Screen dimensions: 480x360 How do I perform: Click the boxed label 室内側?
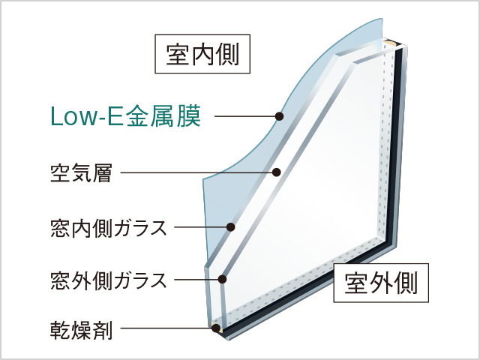(x=202, y=54)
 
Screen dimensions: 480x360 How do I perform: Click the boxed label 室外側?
(x=381, y=283)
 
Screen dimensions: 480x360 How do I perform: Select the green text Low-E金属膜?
(x=125, y=116)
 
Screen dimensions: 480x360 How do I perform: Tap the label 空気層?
(x=81, y=173)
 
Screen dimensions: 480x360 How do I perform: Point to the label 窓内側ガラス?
(x=109, y=228)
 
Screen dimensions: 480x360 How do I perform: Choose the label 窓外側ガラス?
(x=109, y=280)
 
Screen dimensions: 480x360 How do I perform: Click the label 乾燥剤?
(x=81, y=330)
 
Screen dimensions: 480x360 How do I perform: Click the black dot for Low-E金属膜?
(x=279, y=116)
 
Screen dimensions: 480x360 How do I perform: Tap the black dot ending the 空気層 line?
(x=277, y=172)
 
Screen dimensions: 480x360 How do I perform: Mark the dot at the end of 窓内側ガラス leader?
(x=230, y=227)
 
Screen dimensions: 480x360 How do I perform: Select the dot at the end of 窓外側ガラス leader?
(x=223, y=279)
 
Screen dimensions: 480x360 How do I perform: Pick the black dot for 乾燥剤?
(x=216, y=328)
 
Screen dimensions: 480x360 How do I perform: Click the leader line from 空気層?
(x=196, y=172)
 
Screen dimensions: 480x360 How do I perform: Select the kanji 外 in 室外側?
(x=381, y=283)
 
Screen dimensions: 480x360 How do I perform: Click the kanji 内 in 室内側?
(x=202, y=54)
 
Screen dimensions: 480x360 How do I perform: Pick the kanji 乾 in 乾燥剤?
(x=61, y=330)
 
